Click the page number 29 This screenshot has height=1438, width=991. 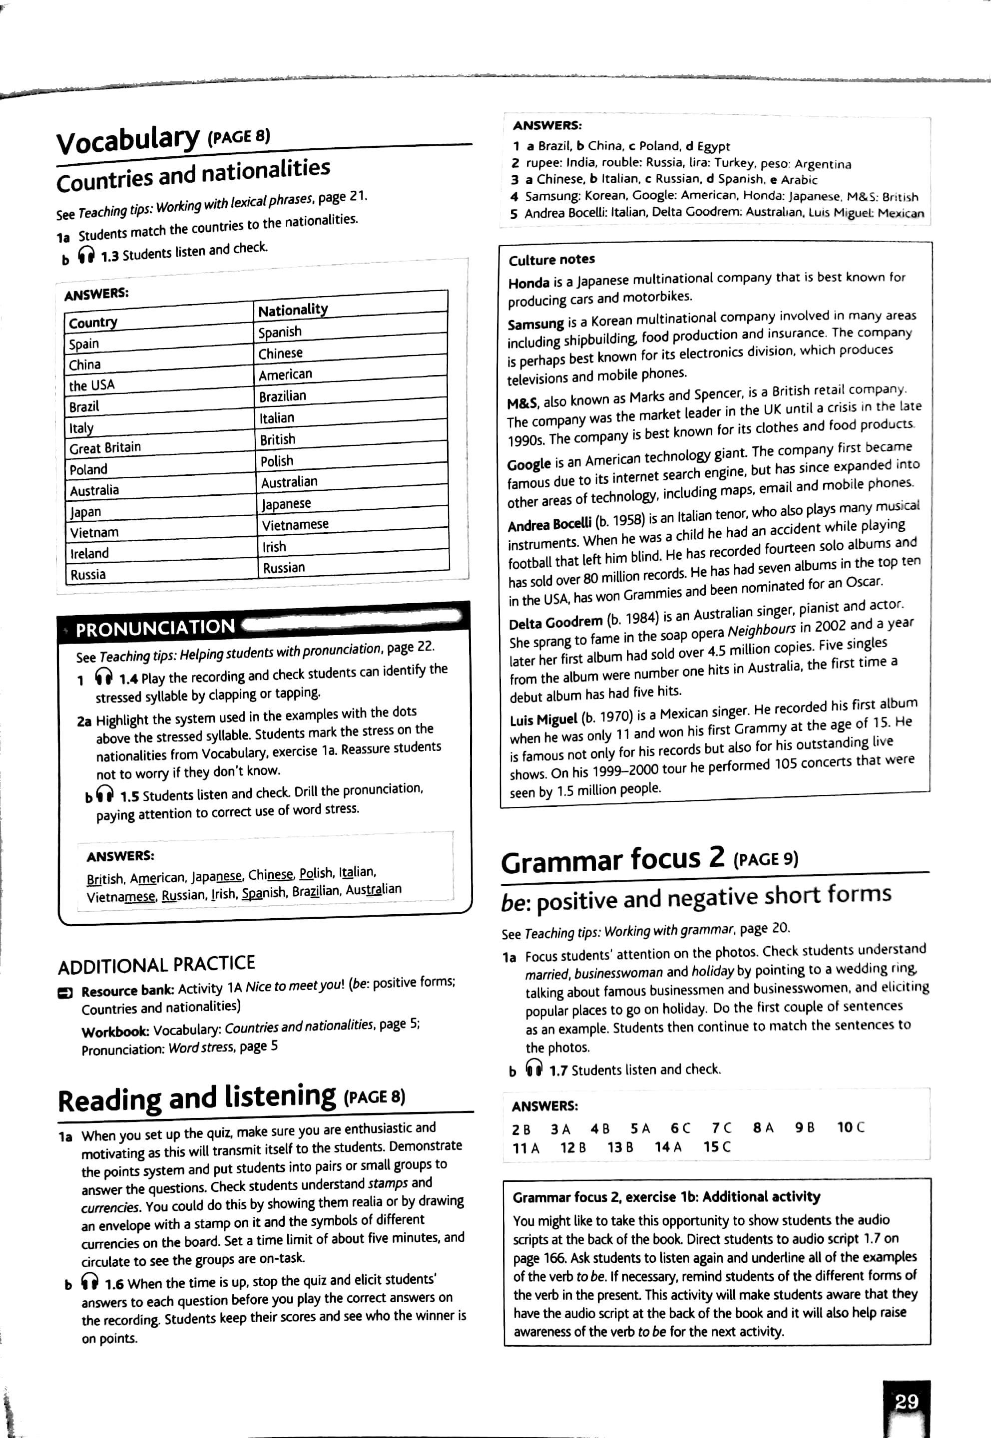[906, 1402]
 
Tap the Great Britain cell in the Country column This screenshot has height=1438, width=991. [105, 447]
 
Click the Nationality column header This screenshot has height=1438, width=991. [293, 309]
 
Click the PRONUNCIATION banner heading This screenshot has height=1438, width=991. [155, 628]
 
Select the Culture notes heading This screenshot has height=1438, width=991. [551, 260]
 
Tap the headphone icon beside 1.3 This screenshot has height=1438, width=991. [86, 255]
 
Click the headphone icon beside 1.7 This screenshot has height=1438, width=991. [534, 1068]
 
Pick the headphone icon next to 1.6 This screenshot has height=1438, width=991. [90, 1282]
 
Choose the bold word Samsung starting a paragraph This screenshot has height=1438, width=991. [535, 324]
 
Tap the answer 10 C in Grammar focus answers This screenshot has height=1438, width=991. [850, 1127]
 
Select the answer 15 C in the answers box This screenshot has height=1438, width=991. [717, 1146]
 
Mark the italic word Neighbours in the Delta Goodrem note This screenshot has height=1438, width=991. [761, 630]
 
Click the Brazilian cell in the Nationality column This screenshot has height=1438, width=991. [283, 396]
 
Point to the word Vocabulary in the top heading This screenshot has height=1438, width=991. [128, 140]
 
